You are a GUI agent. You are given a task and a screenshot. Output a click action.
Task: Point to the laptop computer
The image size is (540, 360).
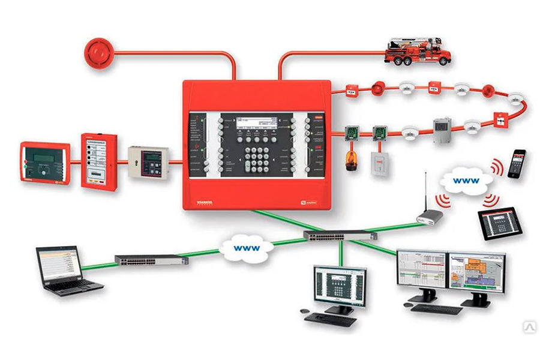[x=60, y=268]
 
